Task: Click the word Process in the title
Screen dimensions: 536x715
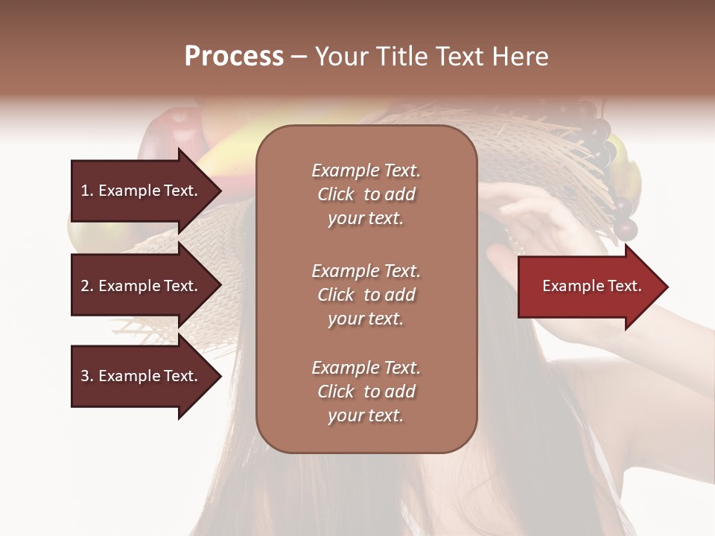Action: point(234,56)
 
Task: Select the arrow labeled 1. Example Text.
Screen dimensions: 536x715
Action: point(142,191)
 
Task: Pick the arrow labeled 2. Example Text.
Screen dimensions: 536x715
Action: point(142,286)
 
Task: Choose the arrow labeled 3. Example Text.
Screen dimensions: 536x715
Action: point(142,376)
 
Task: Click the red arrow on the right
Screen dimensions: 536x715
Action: point(588,286)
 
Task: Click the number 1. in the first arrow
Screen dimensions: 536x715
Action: point(87,191)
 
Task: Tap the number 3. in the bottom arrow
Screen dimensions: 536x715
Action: point(87,376)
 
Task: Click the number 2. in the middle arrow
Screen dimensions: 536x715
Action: point(87,286)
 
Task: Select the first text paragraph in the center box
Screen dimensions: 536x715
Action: point(366,194)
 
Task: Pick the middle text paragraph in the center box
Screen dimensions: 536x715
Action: point(366,295)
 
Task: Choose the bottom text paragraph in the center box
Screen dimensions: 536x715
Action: point(366,392)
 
